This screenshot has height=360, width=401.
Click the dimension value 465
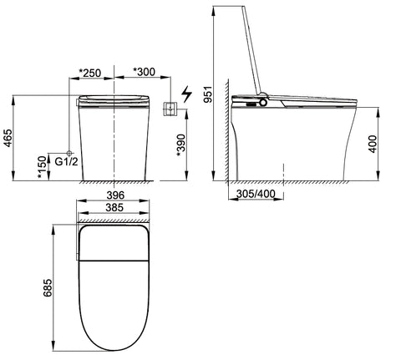click(8, 138)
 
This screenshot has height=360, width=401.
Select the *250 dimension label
click(89, 73)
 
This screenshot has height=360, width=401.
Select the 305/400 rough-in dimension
click(255, 194)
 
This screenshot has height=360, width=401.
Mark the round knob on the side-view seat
click(265, 104)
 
